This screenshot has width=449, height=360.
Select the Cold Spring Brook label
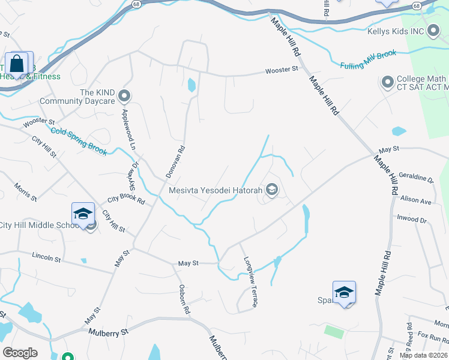pos(79,142)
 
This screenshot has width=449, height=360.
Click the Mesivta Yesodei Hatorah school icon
pos(272,191)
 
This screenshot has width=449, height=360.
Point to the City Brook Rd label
pos(126,199)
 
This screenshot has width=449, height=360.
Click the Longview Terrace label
pos(250,282)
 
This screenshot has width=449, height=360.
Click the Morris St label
pos(25,191)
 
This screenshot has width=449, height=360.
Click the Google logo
pos(20,353)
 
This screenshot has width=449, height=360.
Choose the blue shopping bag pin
pos(17,64)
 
